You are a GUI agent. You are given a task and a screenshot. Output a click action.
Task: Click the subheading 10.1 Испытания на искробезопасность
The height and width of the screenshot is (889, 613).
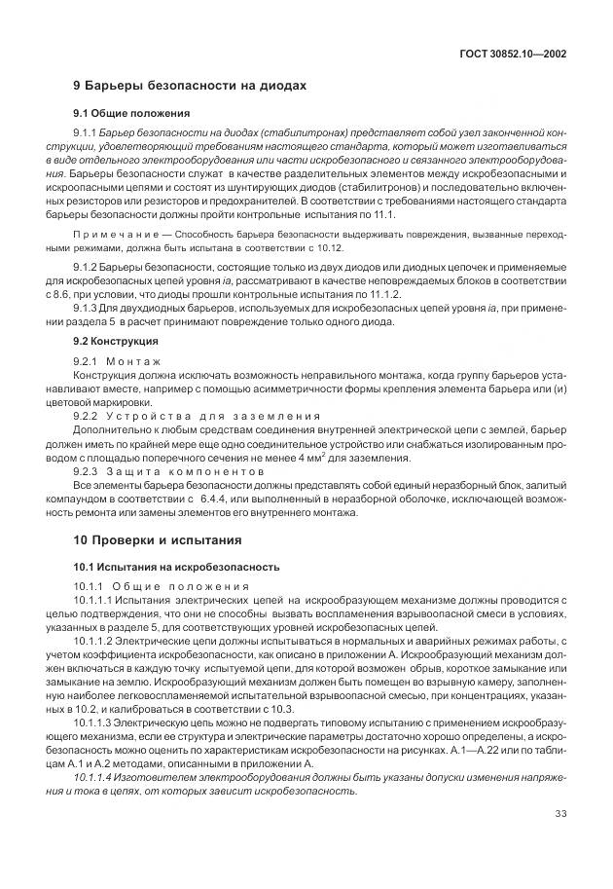176,566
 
